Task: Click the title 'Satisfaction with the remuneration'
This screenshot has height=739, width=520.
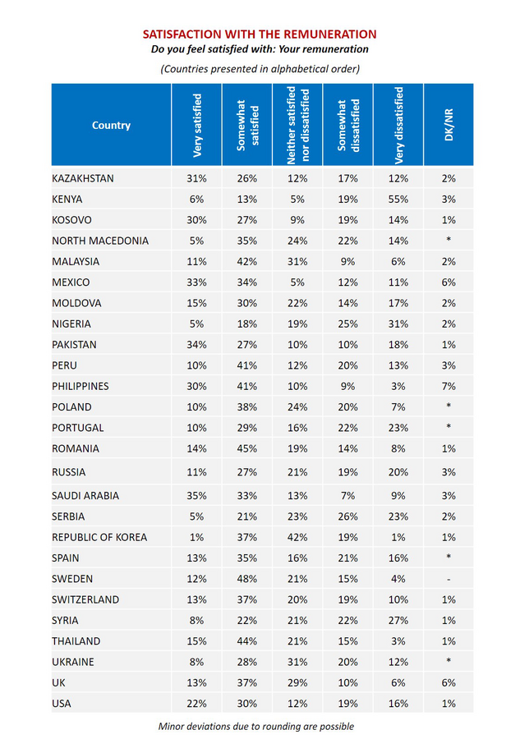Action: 260,34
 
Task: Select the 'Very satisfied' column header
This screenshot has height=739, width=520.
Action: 197,126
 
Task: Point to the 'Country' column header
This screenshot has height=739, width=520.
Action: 112,126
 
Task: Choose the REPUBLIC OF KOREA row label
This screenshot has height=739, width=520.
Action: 99,537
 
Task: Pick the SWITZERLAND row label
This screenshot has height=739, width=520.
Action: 85,599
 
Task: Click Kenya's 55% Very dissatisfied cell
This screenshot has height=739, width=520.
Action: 398,200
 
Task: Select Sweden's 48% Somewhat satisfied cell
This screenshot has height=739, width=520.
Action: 247,579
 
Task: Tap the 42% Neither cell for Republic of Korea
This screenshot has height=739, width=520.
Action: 297,537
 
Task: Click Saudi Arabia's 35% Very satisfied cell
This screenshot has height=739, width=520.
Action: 197,495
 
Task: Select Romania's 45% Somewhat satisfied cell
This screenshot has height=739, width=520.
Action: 247,448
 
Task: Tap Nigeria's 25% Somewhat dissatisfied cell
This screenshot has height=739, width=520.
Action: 348,324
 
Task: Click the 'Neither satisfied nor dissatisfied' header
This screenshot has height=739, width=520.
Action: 297,126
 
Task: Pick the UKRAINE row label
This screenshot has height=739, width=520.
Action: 73,662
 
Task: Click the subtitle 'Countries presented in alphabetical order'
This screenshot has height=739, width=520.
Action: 260,68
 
